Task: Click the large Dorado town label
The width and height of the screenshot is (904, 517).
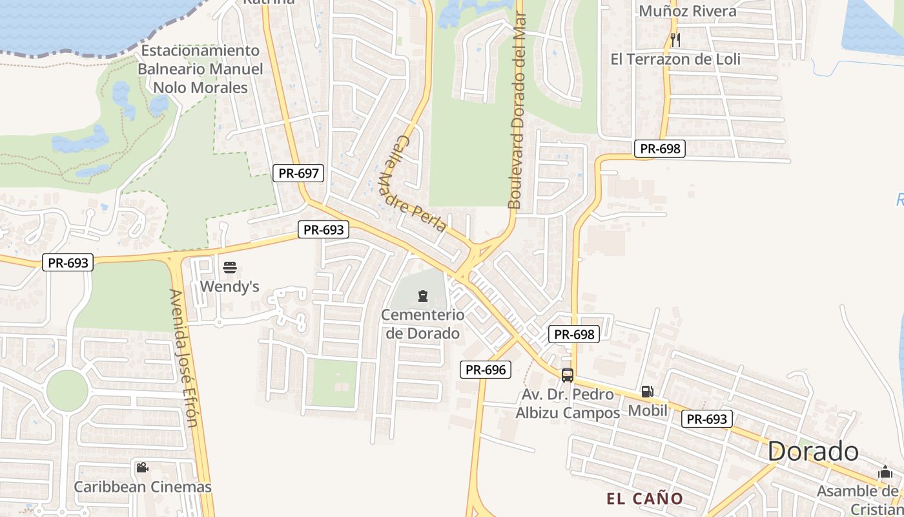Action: click(813, 452)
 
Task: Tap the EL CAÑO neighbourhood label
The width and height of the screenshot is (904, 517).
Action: click(644, 499)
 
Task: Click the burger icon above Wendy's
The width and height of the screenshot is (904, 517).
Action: click(230, 267)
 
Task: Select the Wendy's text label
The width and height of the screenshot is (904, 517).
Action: click(230, 286)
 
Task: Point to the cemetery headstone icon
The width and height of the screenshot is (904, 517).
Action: click(423, 296)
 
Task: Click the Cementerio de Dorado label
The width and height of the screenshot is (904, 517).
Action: click(423, 324)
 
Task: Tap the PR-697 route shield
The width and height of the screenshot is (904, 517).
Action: click(298, 173)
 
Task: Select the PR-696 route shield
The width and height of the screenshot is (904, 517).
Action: click(486, 370)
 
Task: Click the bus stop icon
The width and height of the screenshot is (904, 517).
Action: click(567, 375)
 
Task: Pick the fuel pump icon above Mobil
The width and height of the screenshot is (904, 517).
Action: click(647, 392)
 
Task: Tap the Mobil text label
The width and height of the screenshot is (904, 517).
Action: click(648, 410)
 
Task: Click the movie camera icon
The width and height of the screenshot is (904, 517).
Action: click(142, 467)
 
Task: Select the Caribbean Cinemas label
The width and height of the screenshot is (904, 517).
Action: click(143, 487)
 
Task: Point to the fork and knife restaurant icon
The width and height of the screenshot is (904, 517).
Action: click(675, 40)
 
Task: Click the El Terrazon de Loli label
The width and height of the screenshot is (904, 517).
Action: click(675, 59)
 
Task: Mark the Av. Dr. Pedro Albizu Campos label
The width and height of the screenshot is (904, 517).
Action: click(568, 403)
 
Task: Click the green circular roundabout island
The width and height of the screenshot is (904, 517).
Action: click(67, 390)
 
